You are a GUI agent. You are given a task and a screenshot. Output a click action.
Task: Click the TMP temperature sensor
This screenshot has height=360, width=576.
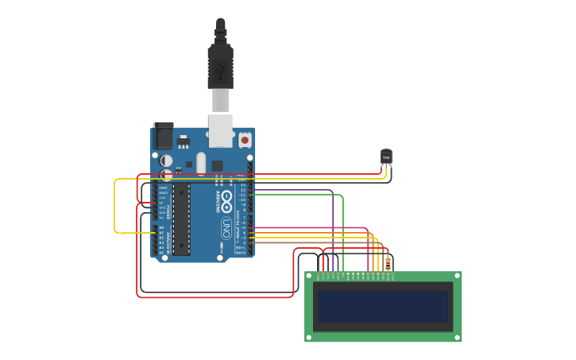[386, 157]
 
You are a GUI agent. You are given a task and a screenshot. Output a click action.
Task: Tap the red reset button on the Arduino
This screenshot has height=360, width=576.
[245, 140]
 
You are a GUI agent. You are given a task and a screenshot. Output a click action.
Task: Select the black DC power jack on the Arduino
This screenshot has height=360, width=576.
[163, 136]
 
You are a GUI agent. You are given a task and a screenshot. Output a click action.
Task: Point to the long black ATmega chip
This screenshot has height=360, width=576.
[182, 219]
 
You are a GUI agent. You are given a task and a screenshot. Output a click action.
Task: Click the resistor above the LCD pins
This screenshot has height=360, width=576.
[388, 261]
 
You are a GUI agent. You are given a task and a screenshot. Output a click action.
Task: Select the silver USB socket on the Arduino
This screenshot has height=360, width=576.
[221, 130]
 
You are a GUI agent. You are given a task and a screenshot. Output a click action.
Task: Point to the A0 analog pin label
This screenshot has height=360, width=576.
[161, 228]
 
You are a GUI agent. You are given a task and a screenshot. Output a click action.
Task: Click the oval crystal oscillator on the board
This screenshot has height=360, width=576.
[201, 164]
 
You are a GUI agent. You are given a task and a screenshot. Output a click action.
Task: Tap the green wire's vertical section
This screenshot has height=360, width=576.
[343, 230]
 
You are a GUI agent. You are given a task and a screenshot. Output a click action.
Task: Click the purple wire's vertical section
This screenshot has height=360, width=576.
[333, 226]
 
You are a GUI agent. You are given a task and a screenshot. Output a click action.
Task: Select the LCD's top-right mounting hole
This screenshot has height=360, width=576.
[457, 277]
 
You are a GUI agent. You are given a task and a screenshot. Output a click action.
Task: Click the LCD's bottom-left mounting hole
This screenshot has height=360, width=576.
[310, 337]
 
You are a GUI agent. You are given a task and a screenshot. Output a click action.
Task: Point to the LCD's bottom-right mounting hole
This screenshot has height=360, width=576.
[457, 337]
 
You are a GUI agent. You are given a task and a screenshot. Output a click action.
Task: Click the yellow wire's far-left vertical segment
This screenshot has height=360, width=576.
[115, 206]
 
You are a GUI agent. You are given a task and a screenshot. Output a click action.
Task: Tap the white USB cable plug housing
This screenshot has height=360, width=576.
[220, 101]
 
